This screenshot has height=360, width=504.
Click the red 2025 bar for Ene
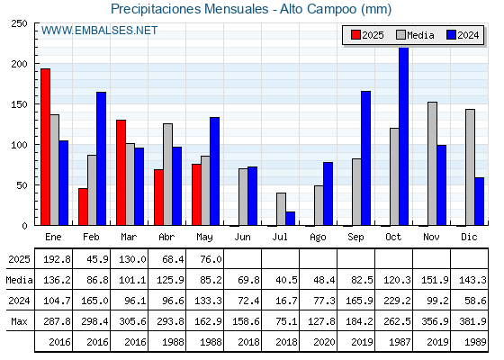pyautogui.click(x=45, y=147)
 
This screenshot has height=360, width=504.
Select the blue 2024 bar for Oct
pyautogui.click(x=403, y=136)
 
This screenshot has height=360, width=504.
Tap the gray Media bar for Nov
pyautogui.click(x=432, y=164)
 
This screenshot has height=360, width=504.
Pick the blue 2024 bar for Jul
pyautogui.click(x=290, y=219)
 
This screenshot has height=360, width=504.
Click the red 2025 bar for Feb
pyautogui.click(x=83, y=207)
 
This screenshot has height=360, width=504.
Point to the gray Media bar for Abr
pyautogui.click(x=167, y=175)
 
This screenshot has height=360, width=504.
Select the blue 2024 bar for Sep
pyautogui.click(x=365, y=158)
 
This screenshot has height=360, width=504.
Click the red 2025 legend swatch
pyautogui.click(x=355, y=35)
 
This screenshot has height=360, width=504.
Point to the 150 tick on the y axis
pyautogui.click(x=19, y=104)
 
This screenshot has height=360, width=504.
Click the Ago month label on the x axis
pyautogui.click(x=318, y=238)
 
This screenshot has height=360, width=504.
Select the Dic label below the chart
pyautogui.click(x=469, y=237)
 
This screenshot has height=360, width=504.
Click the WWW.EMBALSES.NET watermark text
pyautogui.click(x=99, y=31)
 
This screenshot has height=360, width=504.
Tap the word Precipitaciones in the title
pyautogui.click(x=156, y=9)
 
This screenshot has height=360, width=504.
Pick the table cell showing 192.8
pyautogui.click(x=57, y=259)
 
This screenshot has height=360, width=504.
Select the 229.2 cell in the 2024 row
pyautogui.click(x=397, y=301)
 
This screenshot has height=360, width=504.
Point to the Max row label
pyautogui.click(x=19, y=321)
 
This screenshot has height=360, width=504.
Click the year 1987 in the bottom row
pyautogui.click(x=400, y=342)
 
